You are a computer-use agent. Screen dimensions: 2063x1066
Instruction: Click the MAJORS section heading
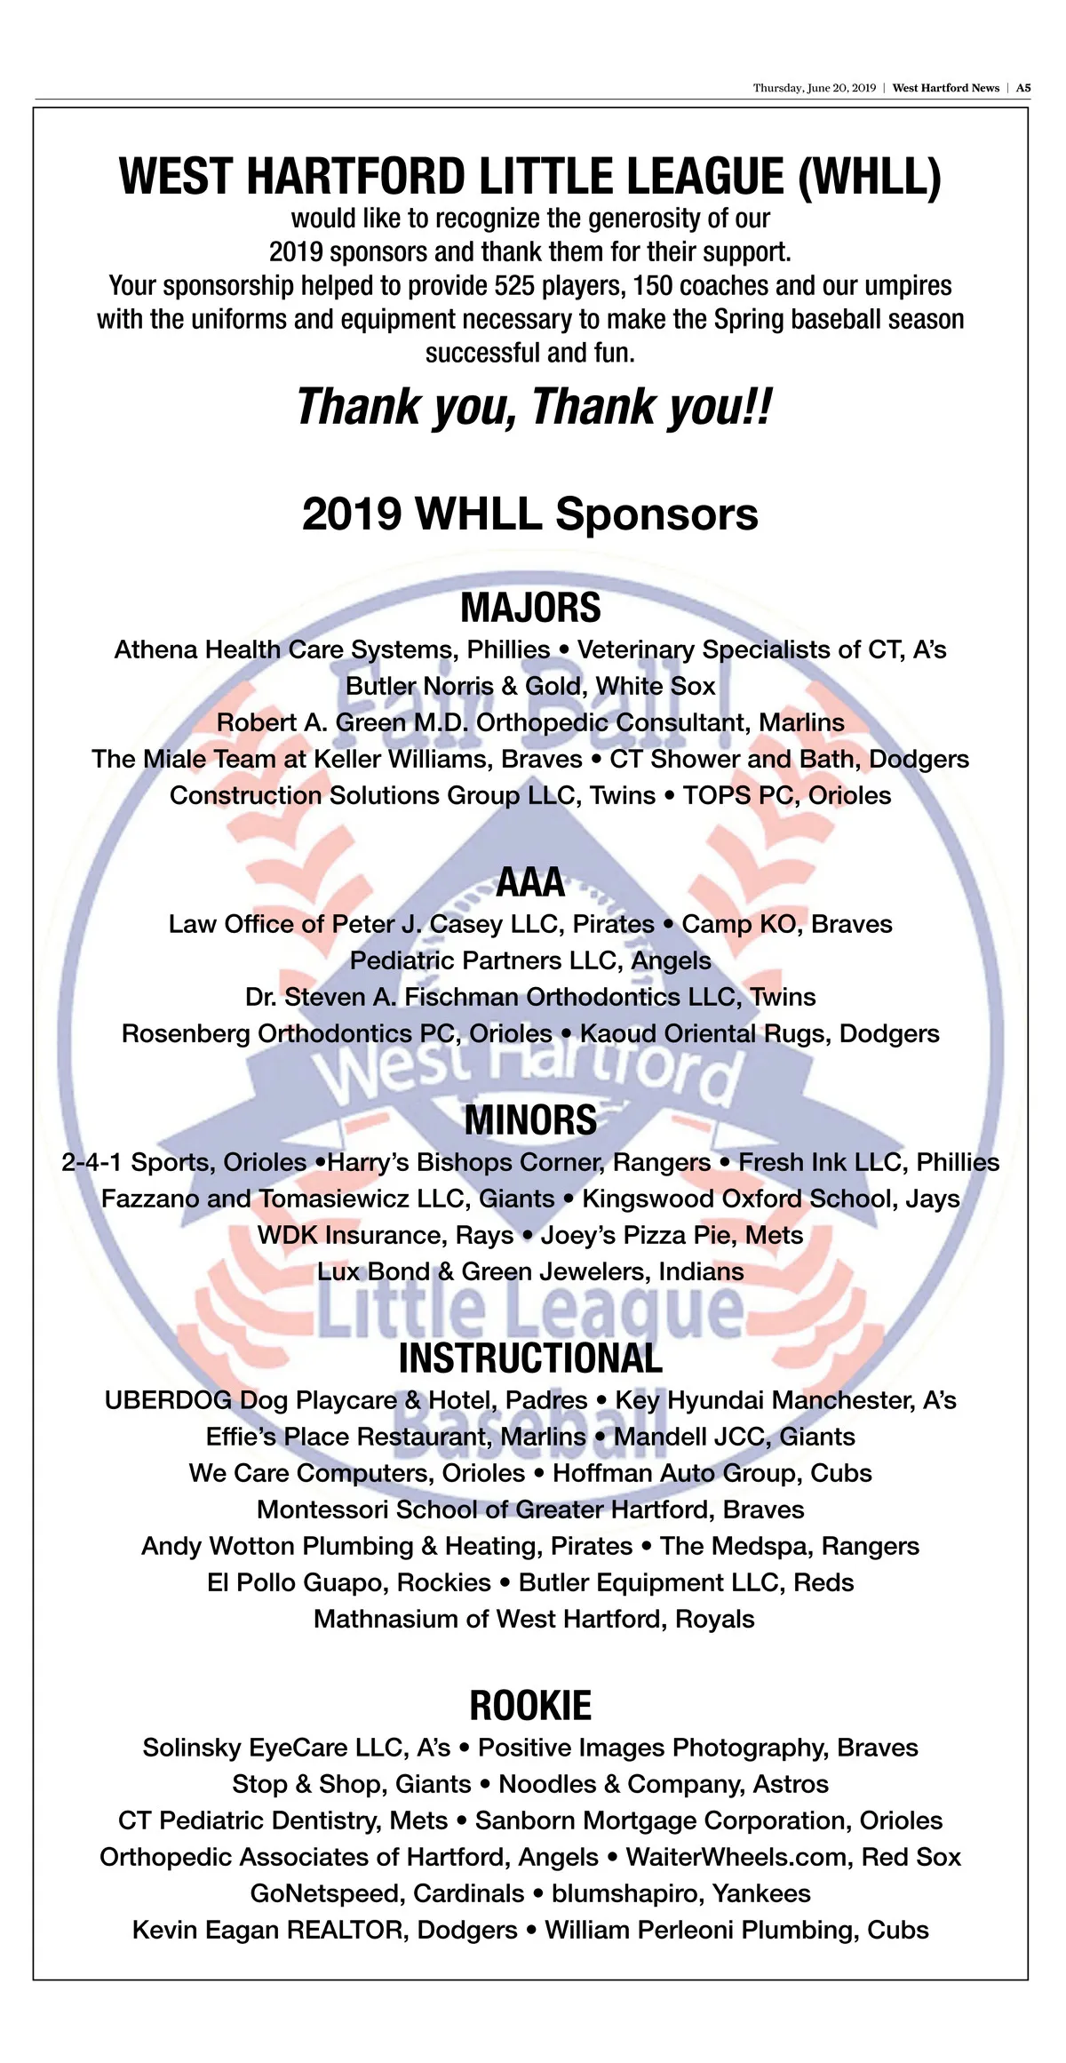tap(530, 608)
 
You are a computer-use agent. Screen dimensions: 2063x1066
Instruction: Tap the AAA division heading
tap(530, 882)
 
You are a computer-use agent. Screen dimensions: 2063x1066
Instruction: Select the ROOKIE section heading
tap(530, 1706)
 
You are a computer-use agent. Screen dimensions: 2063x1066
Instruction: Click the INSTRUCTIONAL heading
tap(530, 1358)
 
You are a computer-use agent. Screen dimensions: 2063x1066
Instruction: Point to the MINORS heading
tap(530, 1120)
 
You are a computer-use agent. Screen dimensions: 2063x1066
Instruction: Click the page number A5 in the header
tap(1023, 88)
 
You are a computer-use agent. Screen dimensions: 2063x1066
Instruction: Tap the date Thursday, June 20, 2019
tap(814, 88)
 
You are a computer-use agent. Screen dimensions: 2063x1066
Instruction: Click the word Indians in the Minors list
tap(701, 1271)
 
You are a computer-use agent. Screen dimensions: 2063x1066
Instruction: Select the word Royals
tap(714, 1619)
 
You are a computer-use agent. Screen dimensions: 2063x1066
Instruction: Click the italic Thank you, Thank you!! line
tap(533, 407)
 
